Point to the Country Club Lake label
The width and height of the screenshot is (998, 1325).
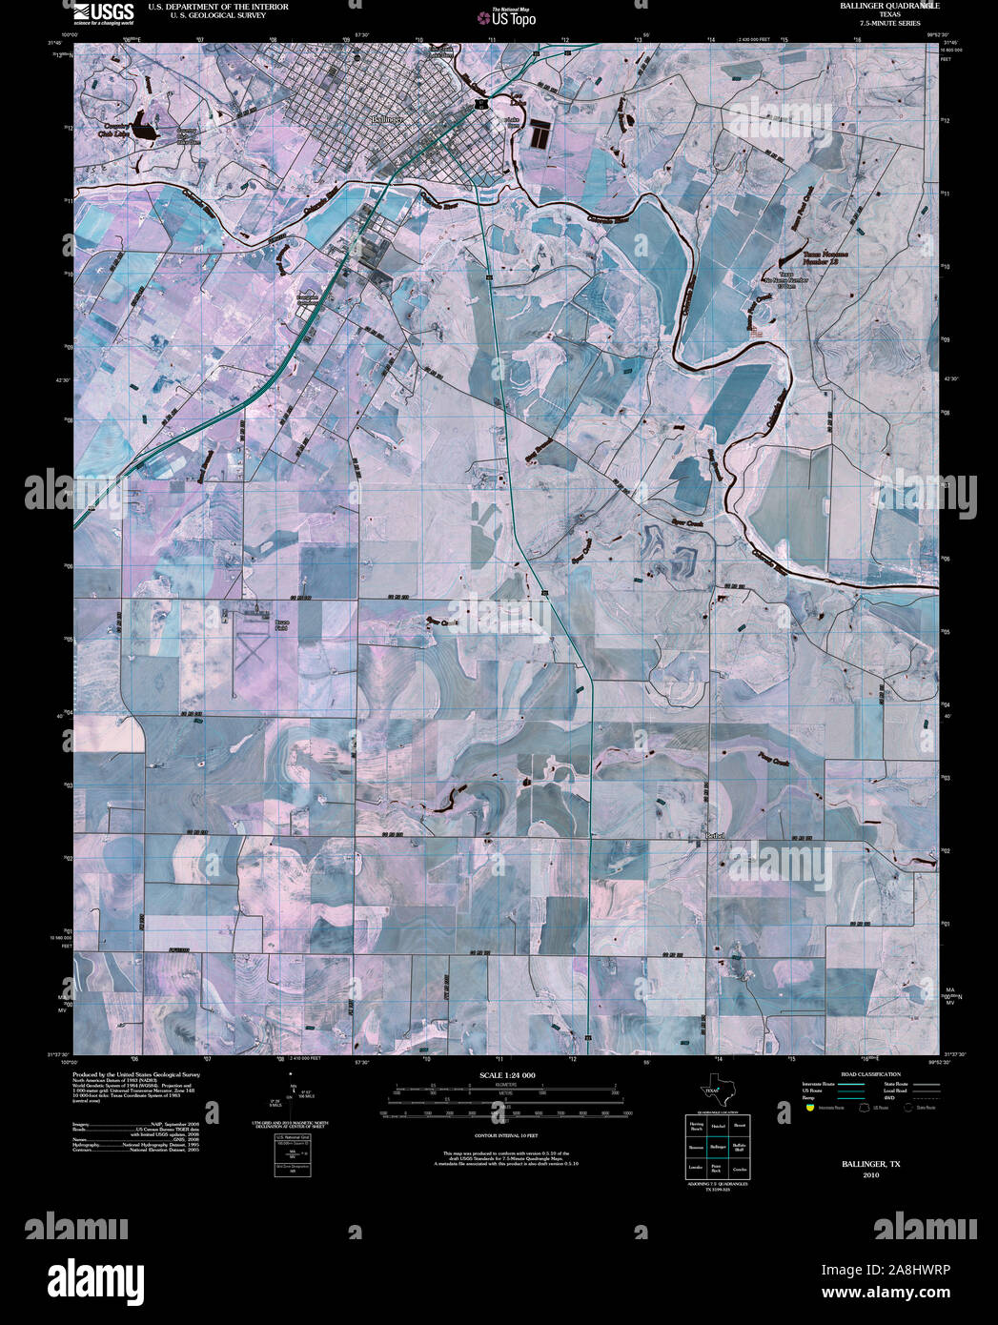click(116, 131)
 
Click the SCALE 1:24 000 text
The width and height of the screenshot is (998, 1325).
click(507, 1075)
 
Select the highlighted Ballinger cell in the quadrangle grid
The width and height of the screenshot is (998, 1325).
click(718, 1147)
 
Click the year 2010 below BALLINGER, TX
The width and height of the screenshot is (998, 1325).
click(870, 1175)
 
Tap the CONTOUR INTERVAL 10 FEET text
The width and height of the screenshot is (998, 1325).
click(506, 1136)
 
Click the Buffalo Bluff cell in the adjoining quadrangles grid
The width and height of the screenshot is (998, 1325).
click(739, 1147)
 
